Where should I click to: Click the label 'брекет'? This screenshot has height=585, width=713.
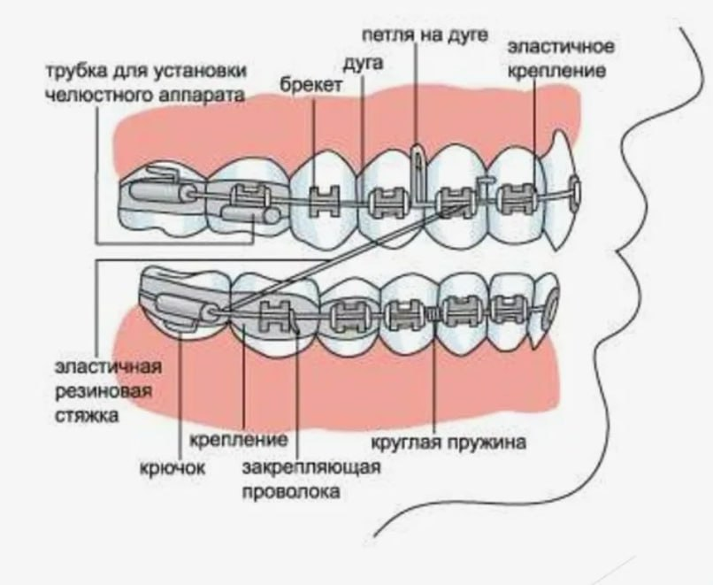click(x=309, y=85)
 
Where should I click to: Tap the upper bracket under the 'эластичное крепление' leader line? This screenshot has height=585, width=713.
click(x=516, y=196)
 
